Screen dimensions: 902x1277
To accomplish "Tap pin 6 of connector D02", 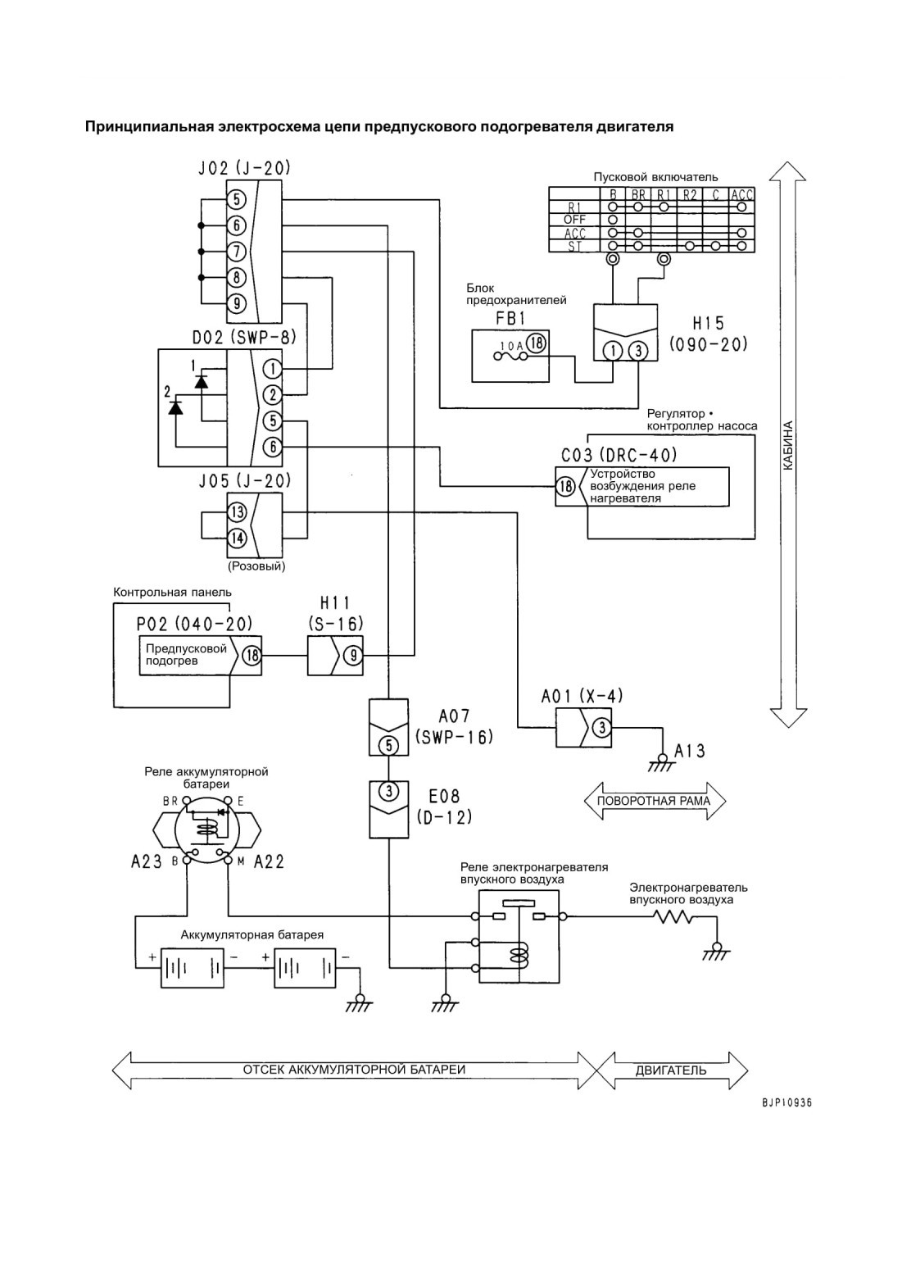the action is [x=273, y=447].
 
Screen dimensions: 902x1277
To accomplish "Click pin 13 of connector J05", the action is [x=237, y=512].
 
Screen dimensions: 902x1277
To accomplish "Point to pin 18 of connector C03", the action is [x=566, y=486].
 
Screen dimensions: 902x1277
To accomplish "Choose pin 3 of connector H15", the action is [x=638, y=351].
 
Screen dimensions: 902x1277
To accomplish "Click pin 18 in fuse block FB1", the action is [x=536, y=343].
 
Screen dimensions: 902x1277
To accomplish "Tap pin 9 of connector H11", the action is [x=353, y=656].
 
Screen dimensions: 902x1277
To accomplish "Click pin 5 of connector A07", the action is [x=388, y=745].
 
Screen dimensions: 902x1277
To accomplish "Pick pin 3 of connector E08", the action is [x=388, y=791].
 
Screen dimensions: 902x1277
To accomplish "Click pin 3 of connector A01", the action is [x=602, y=728].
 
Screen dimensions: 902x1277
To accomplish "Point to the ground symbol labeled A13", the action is [x=661, y=762].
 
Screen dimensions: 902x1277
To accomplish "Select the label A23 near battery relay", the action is [x=147, y=861].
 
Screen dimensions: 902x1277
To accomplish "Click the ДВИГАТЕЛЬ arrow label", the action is [x=671, y=1070].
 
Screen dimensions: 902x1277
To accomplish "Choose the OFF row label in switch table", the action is [x=574, y=220].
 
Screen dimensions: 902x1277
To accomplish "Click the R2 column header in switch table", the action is [x=690, y=195].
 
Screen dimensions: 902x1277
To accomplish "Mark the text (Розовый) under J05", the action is [x=256, y=566].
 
